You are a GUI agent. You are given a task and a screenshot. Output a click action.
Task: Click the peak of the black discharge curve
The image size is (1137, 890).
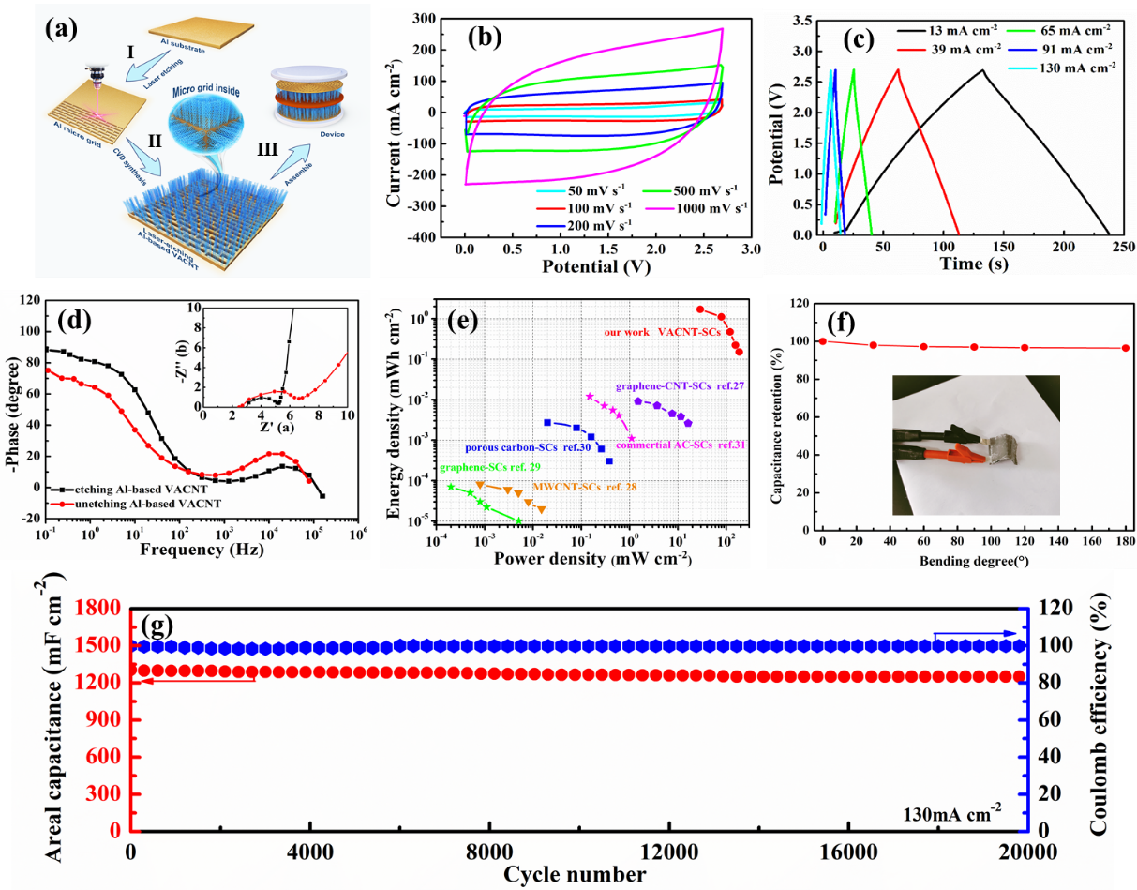click(982, 69)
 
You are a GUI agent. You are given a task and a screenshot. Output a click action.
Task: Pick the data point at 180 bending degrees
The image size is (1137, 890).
click(1125, 348)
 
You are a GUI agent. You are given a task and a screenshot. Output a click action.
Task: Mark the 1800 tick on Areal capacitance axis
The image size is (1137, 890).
click(106, 609)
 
